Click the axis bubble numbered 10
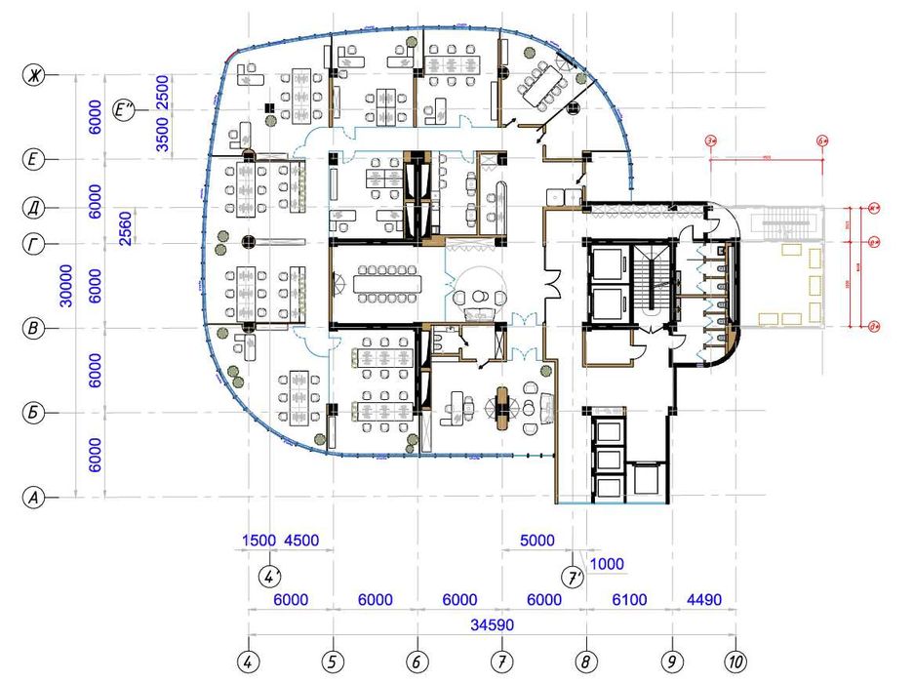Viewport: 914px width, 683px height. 736,663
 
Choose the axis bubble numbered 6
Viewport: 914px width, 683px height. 417,663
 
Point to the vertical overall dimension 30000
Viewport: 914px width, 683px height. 65,286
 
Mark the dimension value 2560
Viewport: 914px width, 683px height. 126,226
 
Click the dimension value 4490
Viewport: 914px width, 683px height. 703,600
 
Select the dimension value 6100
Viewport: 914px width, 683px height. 629,600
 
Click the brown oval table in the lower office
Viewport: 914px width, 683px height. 502,408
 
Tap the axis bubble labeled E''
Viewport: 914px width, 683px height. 125,112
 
